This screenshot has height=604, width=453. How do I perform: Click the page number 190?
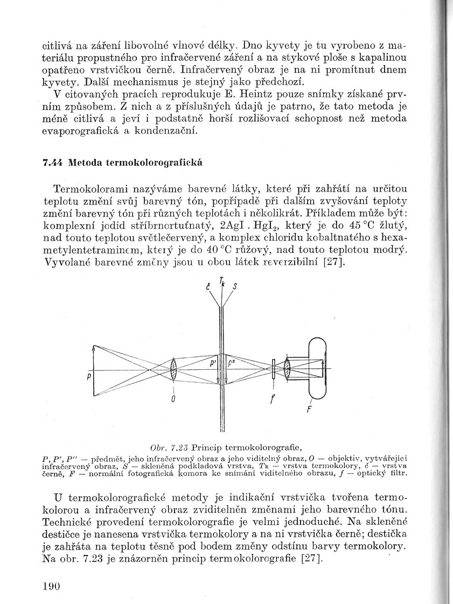(x=52, y=586)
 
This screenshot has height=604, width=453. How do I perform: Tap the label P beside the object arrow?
(x=88, y=378)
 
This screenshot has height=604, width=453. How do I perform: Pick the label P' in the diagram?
(x=213, y=364)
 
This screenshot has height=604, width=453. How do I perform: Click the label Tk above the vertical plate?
(x=221, y=280)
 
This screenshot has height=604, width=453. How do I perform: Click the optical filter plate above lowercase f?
(x=274, y=369)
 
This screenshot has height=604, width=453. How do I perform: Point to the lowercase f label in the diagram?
(x=274, y=399)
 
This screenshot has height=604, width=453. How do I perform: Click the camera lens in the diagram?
(x=288, y=369)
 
